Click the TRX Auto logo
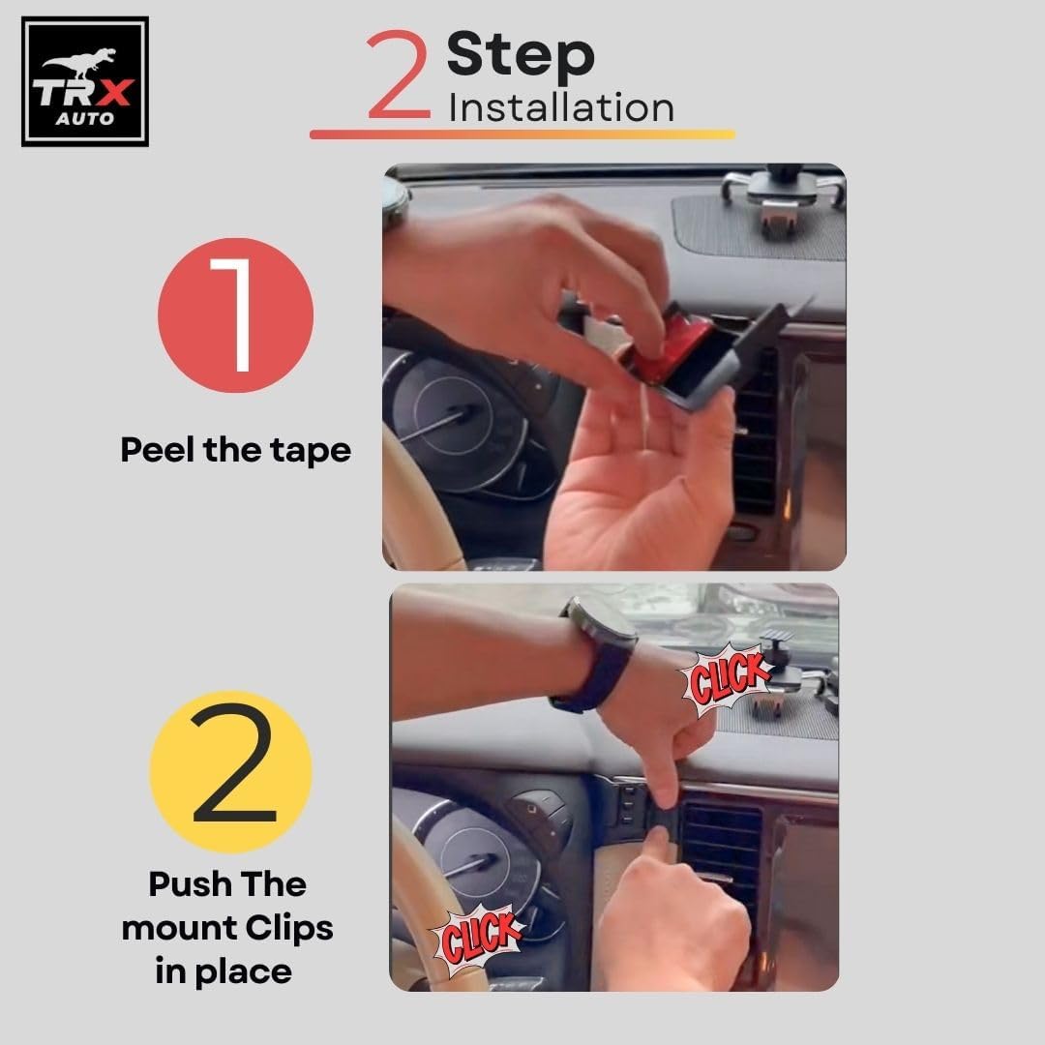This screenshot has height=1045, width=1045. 84,81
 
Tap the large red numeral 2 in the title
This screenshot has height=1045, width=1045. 398,74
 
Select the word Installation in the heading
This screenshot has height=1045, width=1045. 561,108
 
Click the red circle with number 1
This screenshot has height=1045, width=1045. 235,314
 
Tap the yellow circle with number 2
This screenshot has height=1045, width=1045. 230,772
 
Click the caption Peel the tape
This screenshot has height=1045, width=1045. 235,450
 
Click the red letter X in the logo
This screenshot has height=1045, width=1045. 114,93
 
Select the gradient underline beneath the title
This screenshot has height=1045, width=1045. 522,134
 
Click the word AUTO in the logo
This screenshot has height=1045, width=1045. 84,119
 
